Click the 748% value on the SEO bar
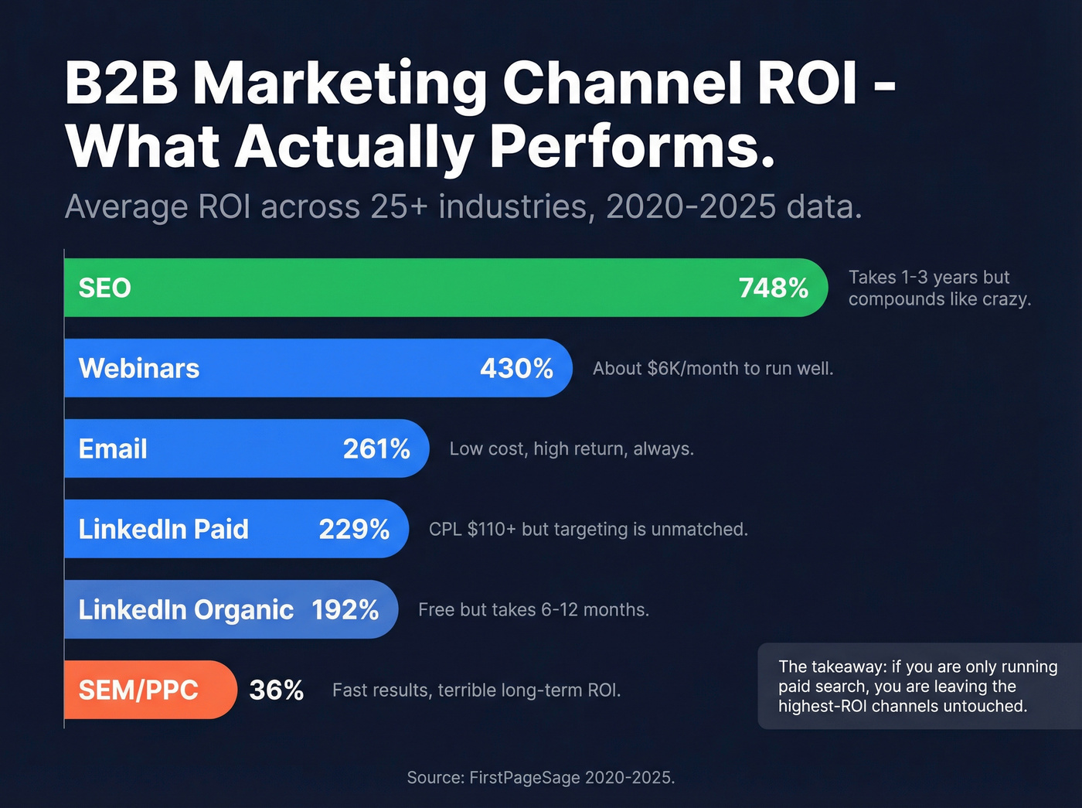pos(773,288)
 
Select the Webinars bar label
pos(139,369)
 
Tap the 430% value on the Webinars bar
pos(516,369)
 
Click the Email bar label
pos(113,449)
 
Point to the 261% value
pos(376,449)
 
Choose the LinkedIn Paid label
pos(164,530)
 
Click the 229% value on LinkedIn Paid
pos(354,530)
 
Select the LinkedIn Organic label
pos(186,610)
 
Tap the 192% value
pos(345,610)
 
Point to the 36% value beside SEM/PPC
pos(276,690)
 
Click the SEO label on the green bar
pos(105,288)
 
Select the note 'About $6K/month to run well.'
pos(713,369)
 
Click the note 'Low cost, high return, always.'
pos(571,449)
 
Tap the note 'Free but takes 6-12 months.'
pos(533,610)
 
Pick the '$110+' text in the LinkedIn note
pos(492,530)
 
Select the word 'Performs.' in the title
pos(632,146)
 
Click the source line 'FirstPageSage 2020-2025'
pos(571,778)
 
